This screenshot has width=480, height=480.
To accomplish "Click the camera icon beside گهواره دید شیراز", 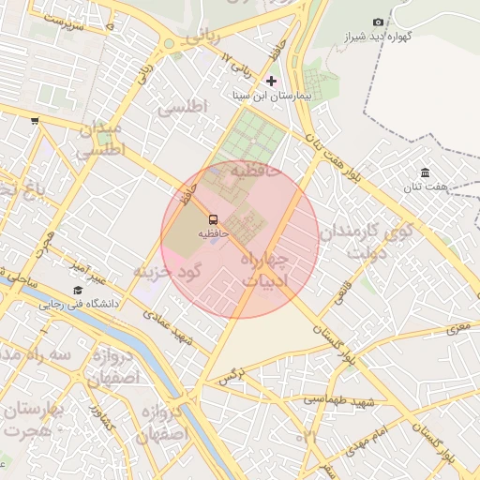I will (x=377, y=22).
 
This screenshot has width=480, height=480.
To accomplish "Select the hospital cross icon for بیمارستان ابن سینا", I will (x=272, y=81).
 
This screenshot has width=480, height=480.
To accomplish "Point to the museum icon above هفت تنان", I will (x=426, y=172).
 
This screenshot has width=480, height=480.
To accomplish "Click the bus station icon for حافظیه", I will (x=211, y=219).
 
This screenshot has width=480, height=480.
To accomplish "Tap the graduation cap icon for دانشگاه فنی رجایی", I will (x=78, y=290).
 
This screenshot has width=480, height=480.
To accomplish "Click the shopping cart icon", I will (x=35, y=120).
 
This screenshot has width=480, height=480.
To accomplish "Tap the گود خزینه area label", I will (x=167, y=271).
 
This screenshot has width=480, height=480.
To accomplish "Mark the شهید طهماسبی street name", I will (x=338, y=401).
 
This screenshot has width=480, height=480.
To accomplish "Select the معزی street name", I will (x=457, y=327).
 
